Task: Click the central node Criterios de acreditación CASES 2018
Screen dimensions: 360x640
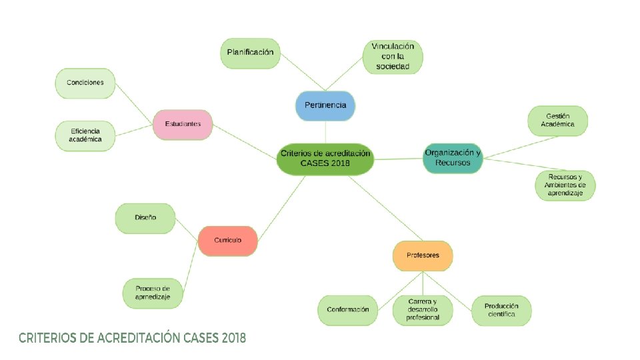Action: (325, 158)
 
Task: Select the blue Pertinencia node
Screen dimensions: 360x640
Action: (325, 105)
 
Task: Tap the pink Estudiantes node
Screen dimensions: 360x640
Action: (182, 124)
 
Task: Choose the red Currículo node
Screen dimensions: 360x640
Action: (228, 240)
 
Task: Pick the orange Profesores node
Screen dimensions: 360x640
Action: (423, 255)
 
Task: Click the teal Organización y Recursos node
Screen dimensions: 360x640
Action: (453, 158)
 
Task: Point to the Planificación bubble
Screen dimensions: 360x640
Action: (250, 53)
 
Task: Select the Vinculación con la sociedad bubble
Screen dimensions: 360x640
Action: (393, 57)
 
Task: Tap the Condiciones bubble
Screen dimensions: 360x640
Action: (85, 83)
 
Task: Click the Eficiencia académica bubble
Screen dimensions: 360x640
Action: (85, 135)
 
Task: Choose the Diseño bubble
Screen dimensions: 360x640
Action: (145, 218)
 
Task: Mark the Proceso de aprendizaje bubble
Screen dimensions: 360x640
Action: (153, 293)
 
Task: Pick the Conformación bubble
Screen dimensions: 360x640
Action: (347, 310)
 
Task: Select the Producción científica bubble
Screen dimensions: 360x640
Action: (501, 310)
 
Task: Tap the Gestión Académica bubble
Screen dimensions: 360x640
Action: (558, 121)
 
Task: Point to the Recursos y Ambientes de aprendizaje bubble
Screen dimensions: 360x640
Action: (565, 185)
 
